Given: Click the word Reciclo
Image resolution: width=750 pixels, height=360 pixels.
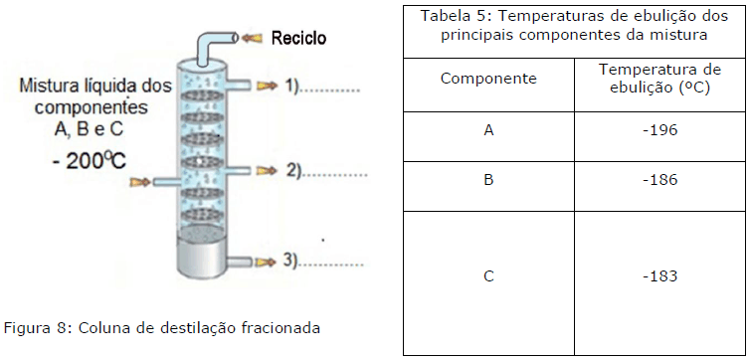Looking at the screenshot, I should tap(298, 38).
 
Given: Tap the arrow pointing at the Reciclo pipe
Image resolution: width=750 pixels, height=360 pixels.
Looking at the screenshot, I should tap(254, 38).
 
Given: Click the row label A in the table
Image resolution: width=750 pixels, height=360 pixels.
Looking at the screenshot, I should tap(487, 130).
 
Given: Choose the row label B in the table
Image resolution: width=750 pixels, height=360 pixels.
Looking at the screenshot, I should tap(487, 180).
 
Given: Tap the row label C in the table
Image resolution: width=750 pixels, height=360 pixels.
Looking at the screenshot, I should tap(487, 275).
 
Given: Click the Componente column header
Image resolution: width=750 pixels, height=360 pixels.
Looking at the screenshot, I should tap(487, 78).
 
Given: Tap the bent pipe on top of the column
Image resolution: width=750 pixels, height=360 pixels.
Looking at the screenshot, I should tap(210, 45).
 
